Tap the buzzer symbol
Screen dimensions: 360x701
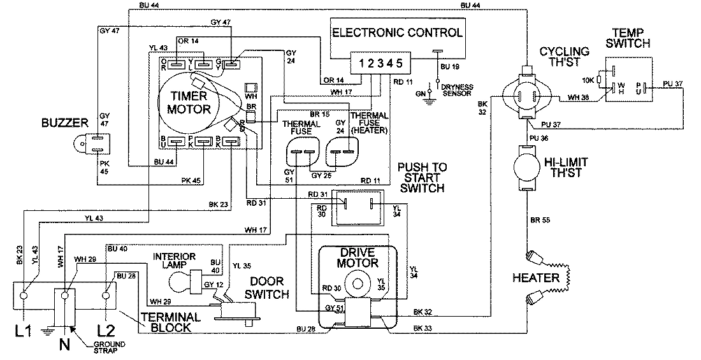click(x=87, y=143)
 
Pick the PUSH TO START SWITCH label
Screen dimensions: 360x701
click(x=421, y=177)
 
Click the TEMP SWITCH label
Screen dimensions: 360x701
click(x=630, y=38)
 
